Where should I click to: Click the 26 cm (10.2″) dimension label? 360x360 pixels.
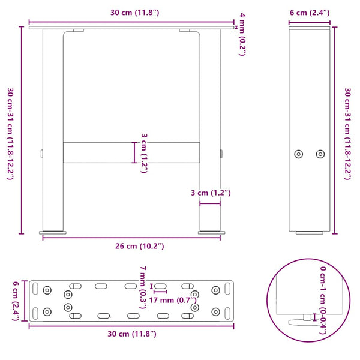click(x=131, y=246)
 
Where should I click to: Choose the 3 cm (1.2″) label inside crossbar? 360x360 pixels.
click(x=145, y=153)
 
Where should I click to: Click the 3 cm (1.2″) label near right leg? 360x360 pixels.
click(x=210, y=193)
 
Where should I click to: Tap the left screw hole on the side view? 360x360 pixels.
click(x=299, y=154)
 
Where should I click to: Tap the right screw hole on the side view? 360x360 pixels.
click(x=320, y=154)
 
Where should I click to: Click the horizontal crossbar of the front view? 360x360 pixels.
click(x=131, y=152)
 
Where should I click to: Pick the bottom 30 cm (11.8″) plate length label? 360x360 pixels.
click(x=131, y=333)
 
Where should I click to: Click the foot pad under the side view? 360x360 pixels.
click(x=309, y=232)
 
